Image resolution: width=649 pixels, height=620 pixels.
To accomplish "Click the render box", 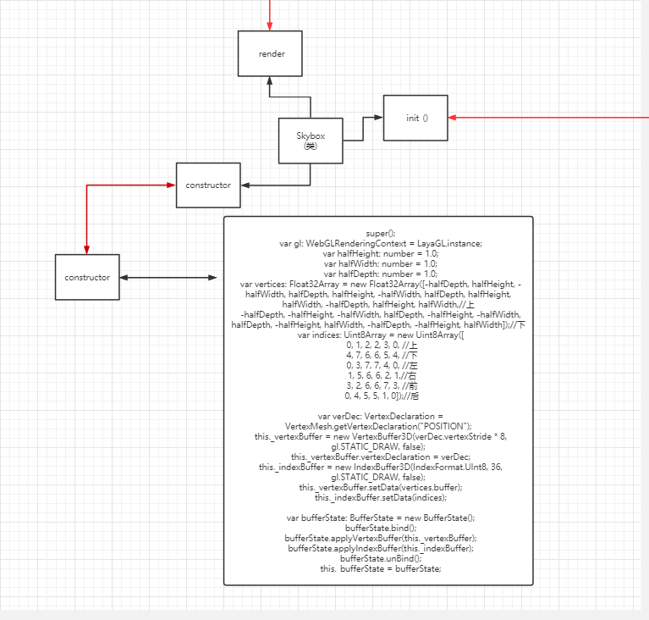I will point(272,53).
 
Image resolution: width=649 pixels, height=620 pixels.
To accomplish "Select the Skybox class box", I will point(311,140).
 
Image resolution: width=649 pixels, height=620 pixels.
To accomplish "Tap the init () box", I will point(415,118).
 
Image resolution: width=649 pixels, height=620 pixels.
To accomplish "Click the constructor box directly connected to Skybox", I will point(208,185).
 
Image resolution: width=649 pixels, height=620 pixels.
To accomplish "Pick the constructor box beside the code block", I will point(88,277).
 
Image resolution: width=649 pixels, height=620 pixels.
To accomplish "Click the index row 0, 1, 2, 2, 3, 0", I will point(377,345).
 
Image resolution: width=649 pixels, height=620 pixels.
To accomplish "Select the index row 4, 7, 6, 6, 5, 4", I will point(377,355).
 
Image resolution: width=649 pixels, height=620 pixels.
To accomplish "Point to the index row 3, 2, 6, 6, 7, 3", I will point(377,385).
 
